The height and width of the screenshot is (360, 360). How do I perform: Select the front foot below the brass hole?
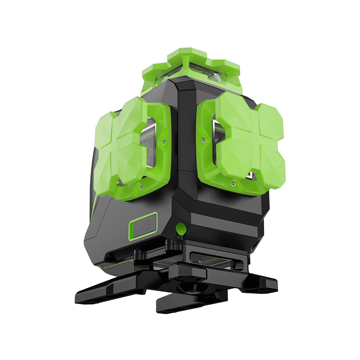(180, 303)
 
